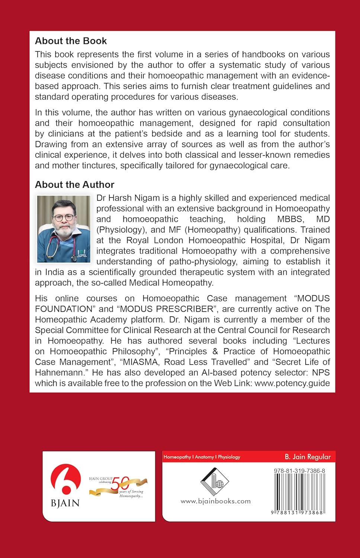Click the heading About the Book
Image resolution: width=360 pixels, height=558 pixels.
coord(71,41)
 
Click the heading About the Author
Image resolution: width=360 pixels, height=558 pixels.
coord(74,185)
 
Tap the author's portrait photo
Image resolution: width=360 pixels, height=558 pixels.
coord(64,228)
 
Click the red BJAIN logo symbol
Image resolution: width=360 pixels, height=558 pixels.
coord(65,480)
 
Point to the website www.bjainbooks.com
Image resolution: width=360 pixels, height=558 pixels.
coord(216,501)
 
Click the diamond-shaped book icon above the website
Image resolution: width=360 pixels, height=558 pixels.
coord(215,481)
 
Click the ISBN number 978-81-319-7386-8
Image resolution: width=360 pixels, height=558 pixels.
coord(299,471)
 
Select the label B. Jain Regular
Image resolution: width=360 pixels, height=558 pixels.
coord(308,457)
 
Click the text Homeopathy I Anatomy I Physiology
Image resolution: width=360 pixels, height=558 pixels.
coord(202,457)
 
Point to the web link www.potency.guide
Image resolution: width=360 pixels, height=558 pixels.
coord(292,383)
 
